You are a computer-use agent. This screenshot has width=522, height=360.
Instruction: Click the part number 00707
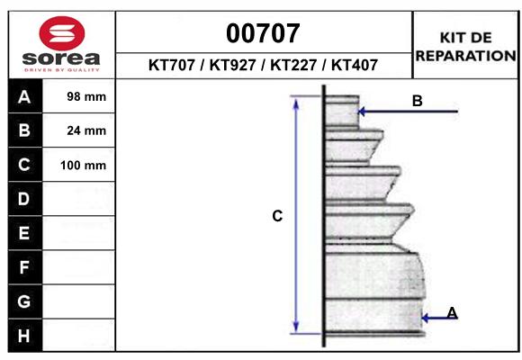263,33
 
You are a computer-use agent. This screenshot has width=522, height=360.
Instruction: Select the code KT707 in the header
173,65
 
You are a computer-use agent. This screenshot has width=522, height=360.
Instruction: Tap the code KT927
231,65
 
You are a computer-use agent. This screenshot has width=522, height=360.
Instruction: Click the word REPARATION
465,55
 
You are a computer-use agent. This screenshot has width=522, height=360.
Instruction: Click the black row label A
24,96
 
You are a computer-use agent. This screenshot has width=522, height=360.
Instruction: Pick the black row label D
24,199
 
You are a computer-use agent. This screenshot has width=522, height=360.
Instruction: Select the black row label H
24,336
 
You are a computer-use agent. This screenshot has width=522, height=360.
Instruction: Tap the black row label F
24,267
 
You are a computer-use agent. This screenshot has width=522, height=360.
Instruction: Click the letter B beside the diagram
417,101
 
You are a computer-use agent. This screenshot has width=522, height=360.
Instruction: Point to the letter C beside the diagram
277,216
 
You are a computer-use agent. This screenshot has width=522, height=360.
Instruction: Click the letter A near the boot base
452,312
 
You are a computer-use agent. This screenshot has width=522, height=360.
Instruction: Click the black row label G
24,301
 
